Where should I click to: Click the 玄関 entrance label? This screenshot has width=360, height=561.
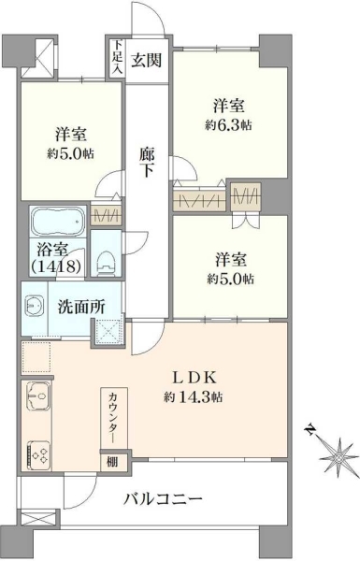coord(146,60)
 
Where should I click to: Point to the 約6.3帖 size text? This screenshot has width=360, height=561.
coord(228,125)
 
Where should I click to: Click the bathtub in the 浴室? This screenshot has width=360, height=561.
coord(58,221)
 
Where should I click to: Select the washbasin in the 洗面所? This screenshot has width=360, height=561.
coord(35,306)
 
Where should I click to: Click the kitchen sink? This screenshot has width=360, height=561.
coord(37,396)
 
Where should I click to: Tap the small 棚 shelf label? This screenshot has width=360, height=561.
coord(112,462)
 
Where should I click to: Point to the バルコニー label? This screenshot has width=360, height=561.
coord(163,498)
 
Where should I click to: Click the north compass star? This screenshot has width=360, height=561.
coord(338,458)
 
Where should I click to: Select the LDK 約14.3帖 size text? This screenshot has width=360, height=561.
coord(194,396)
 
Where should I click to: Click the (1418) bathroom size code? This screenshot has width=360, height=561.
coord(55,266)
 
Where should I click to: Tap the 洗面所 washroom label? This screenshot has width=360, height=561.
coord(81,307)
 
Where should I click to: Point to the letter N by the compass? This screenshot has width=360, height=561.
coord(310,429)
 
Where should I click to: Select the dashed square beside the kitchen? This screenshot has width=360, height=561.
coord(36,357)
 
